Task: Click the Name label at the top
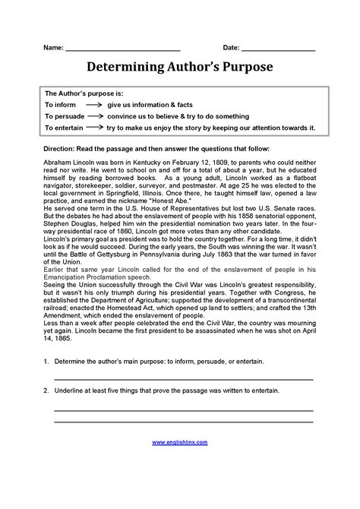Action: click(x=53, y=48)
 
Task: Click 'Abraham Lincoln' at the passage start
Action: click(x=71, y=163)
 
